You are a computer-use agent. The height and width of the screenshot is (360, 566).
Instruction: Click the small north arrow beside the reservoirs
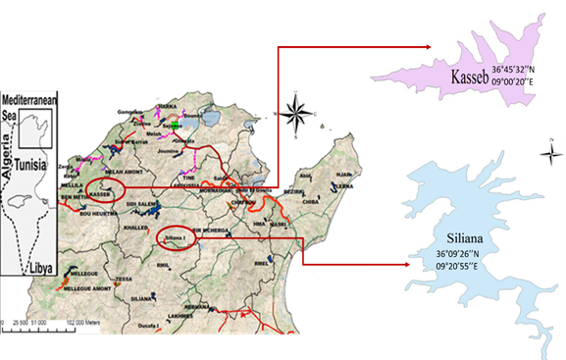[551, 151]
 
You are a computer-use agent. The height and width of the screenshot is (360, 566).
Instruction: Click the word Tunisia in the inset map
[36, 166]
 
